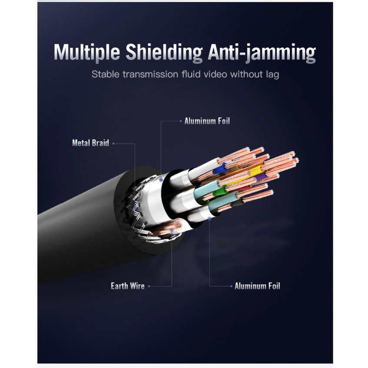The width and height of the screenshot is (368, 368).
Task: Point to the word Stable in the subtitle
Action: [x=105, y=74]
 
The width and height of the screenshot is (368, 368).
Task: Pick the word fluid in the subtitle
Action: [x=190, y=74]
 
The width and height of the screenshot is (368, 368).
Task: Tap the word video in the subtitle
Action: [x=217, y=74]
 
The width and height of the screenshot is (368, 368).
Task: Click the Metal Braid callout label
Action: [x=90, y=143]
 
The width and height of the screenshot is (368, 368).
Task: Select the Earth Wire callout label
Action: [x=128, y=286]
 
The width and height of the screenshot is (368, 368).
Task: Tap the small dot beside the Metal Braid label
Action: [x=113, y=143]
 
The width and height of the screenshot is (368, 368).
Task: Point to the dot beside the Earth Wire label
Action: [x=149, y=286]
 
